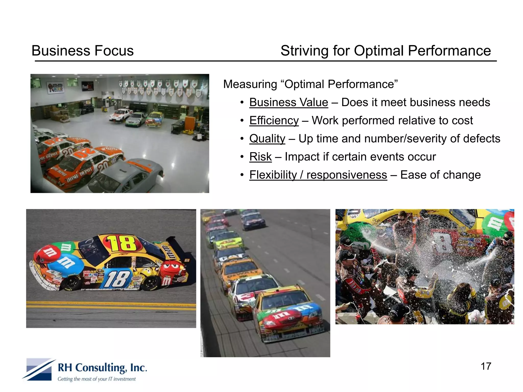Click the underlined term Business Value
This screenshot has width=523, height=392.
pos(289,103)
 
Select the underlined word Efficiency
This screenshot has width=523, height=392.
pos(274,121)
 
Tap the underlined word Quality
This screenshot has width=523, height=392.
pos(267,139)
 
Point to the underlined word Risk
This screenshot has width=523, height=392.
pos(260,157)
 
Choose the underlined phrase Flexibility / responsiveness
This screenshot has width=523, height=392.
pos(318,175)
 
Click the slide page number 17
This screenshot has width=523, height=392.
pos(486,366)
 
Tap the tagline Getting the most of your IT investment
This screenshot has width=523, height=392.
pos(97,379)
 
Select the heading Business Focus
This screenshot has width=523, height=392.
pos(82,51)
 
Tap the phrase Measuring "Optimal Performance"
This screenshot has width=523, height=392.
pos(310,84)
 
